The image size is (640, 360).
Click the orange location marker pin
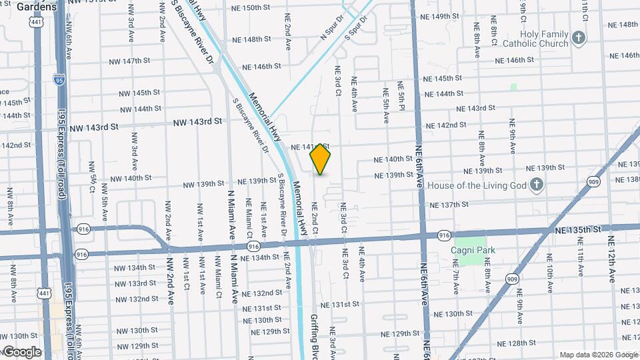pos(320,159)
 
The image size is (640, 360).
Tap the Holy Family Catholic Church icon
pos(578,38)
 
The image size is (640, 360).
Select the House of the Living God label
pos(478,185)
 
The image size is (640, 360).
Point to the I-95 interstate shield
pos(59,82)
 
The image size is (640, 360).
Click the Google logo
pos(22,351)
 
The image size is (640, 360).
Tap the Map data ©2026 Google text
pos(597,355)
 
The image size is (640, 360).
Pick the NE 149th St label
pos(451,16)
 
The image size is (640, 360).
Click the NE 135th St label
pos(577,229)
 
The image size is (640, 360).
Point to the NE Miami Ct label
pos(249,217)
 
